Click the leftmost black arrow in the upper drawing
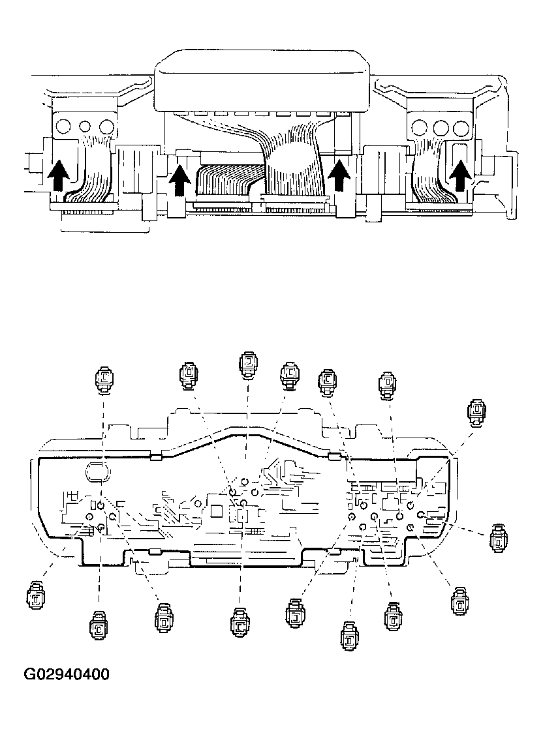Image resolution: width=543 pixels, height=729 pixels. coord(58,175)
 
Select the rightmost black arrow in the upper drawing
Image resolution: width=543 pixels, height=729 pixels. coord(461,175)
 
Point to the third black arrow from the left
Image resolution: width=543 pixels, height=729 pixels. coord(338,176)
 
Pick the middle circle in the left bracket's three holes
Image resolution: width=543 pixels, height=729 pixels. coord(84,125)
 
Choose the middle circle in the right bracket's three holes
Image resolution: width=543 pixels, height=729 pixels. coord(441,126)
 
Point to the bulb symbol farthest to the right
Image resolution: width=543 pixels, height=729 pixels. coord(498,537)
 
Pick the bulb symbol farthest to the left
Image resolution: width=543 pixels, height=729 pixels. coord(36,596)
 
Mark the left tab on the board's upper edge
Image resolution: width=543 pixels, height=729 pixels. coord(155,456)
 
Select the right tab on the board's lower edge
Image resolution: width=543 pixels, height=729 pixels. coord(334,552)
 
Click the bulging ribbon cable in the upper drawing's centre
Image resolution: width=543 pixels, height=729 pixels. coord(291,166)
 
